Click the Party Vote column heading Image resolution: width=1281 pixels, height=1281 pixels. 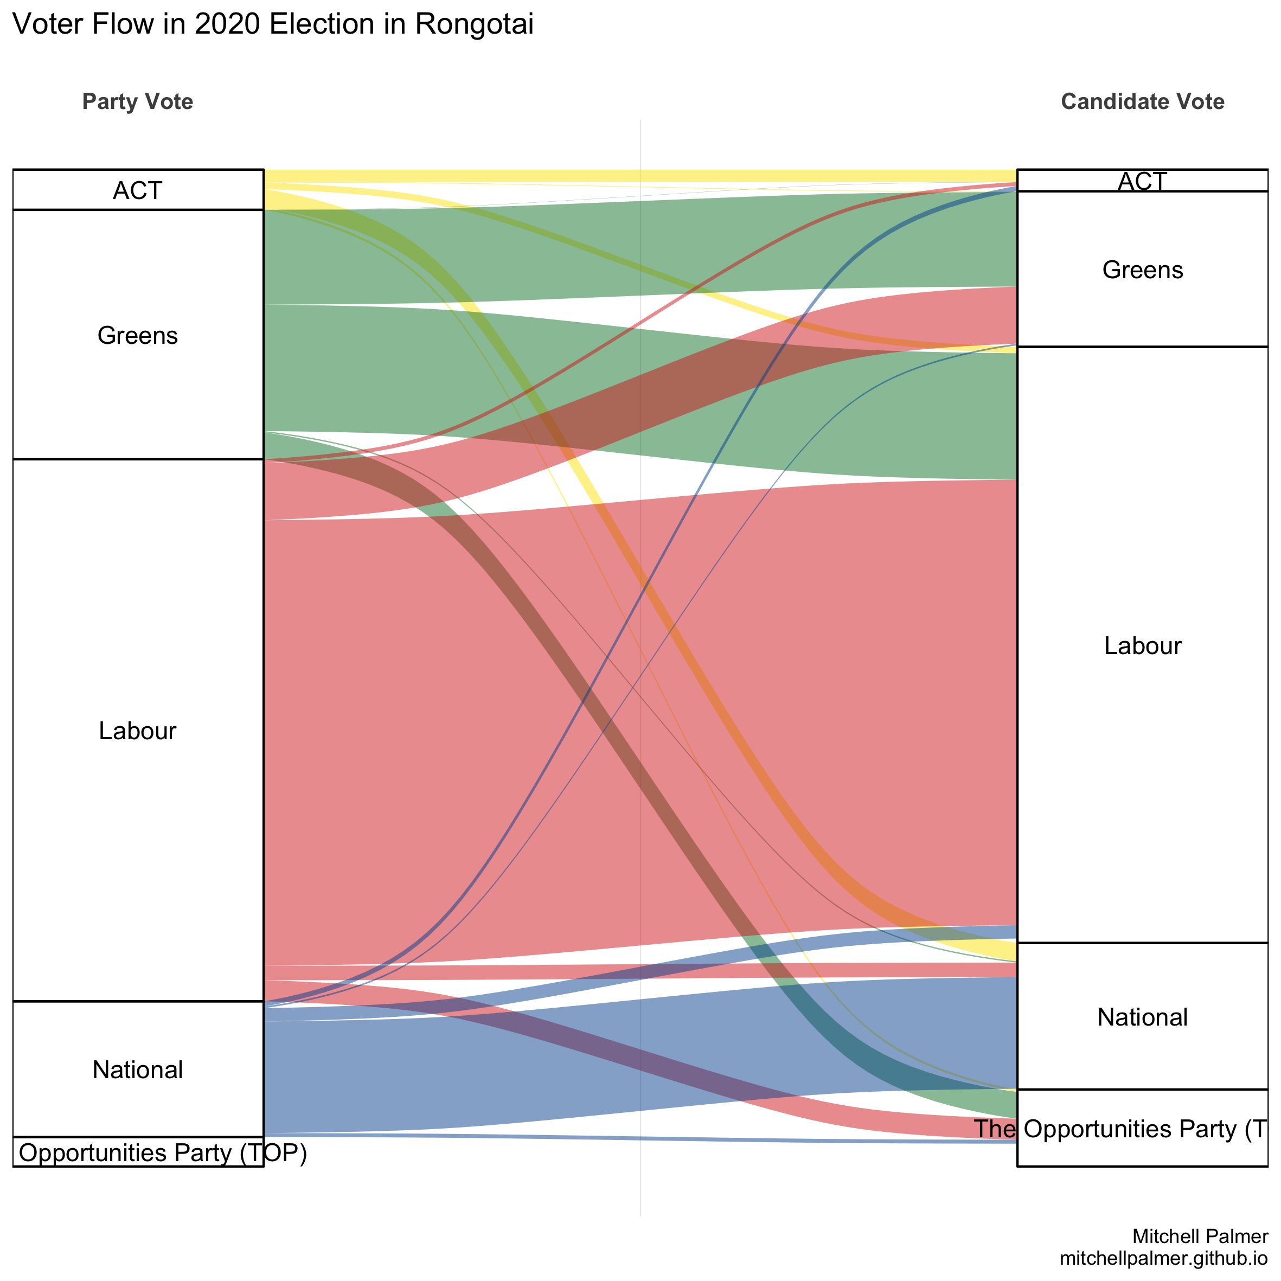click(x=137, y=101)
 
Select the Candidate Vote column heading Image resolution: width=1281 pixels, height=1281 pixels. click(x=1142, y=101)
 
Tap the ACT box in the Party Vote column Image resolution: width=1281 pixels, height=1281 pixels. click(x=137, y=190)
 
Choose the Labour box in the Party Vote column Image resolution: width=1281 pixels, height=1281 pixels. click(x=137, y=730)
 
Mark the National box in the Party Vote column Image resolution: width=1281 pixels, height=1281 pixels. click(x=137, y=1069)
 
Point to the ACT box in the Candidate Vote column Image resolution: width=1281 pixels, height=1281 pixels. click(x=1142, y=181)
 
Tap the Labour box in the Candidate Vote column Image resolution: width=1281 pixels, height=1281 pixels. click(x=1142, y=645)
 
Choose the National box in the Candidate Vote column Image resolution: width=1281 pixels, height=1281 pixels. click(x=1142, y=1016)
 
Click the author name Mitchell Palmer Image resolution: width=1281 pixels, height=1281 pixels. click(x=1200, y=1236)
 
